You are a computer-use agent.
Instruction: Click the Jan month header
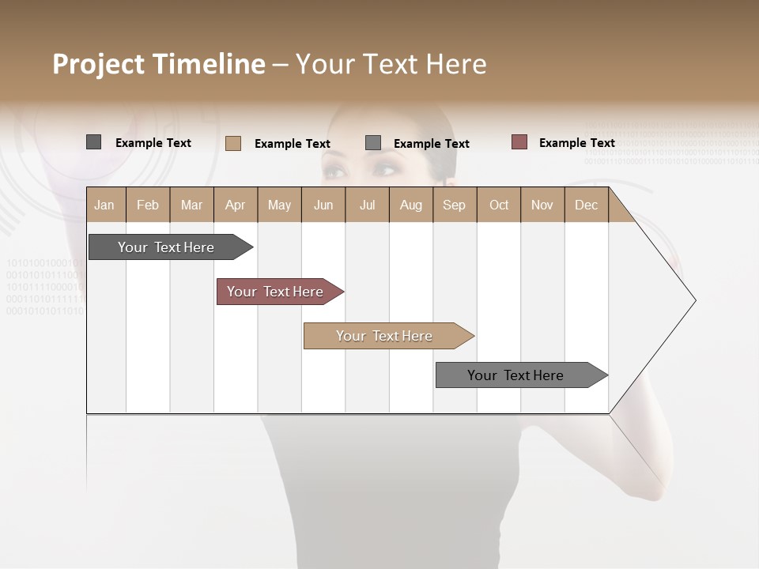pos(104,205)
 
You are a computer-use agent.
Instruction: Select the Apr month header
pos(235,205)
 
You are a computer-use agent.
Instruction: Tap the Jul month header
pos(367,205)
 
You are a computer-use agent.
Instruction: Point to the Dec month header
pos(586,205)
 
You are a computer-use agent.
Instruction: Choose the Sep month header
pos(454,205)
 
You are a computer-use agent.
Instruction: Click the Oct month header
pos(499,205)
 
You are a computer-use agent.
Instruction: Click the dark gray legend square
pos(93,142)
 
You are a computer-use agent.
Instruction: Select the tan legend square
pos(233,143)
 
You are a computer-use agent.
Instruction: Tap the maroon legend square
pos(519,142)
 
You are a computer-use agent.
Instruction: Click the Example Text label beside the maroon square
pos(576,142)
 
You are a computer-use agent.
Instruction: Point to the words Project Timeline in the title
pos(158,64)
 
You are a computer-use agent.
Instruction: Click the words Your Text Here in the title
pos(391,64)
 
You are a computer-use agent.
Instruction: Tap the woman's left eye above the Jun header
pos(335,171)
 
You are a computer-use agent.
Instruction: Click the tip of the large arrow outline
pos(694,300)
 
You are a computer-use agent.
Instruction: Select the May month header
pos(279,205)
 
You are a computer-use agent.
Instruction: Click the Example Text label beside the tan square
pos(292,143)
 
